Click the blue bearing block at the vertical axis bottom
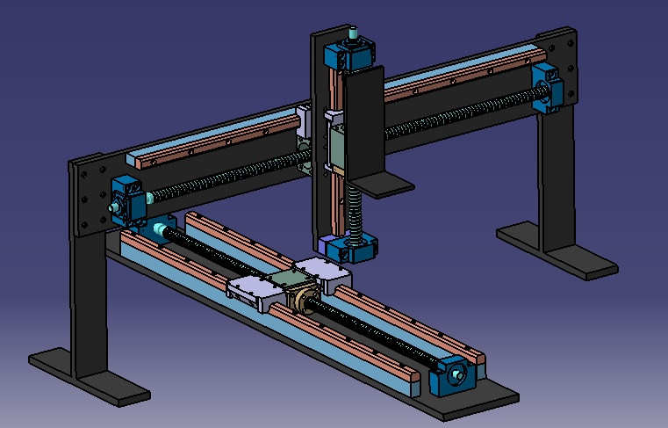(355, 248)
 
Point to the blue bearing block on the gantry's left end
(129, 198)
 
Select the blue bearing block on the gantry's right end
(546, 89)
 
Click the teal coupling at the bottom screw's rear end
(158, 230)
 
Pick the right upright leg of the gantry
(556, 176)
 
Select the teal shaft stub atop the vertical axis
(353, 35)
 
